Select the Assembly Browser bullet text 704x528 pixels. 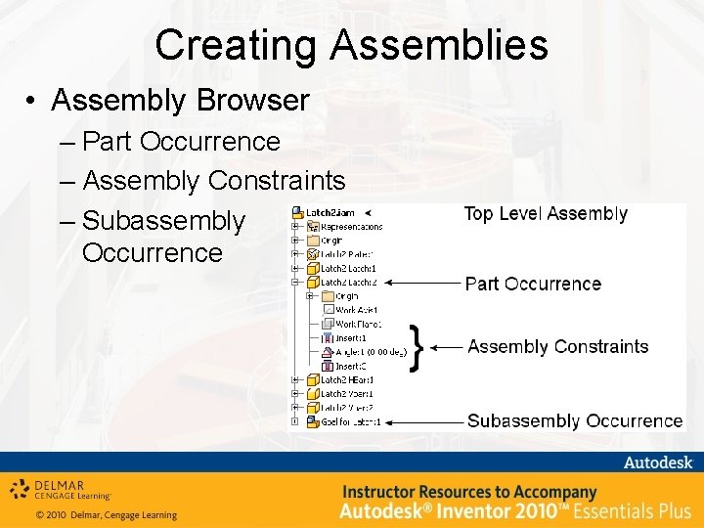180,100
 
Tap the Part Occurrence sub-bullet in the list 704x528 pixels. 182,142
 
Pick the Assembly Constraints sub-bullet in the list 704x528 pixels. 214,181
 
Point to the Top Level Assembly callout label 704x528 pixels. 545,213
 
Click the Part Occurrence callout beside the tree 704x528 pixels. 533,284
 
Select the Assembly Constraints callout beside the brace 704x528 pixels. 557,346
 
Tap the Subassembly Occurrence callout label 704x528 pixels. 575,421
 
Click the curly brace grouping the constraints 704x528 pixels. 418,347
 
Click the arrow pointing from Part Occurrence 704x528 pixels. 422,283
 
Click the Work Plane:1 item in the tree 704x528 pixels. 358,324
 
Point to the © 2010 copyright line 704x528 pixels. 106,514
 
